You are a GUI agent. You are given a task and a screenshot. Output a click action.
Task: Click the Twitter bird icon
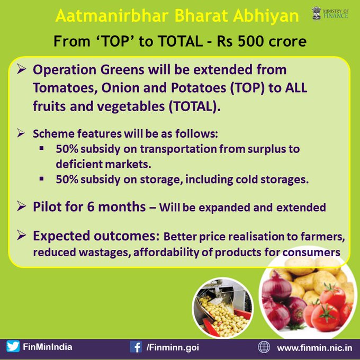[x=13, y=346]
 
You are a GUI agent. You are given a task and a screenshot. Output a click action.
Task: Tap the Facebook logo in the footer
[x=136, y=347]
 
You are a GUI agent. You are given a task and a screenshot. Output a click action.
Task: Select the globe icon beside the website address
[x=264, y=347]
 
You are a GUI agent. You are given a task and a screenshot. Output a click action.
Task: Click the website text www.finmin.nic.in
[x=314, y=348]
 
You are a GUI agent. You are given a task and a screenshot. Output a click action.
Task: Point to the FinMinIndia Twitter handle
[x=48, y=347]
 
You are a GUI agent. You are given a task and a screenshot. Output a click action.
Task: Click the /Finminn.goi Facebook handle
[x=173, y=347]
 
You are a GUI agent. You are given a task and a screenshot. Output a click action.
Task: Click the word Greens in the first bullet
[x=122, y=69]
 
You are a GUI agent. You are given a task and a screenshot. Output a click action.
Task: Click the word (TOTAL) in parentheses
[x=194, y=106]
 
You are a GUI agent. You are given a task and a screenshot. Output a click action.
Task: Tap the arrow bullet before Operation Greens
[x=21, y=69]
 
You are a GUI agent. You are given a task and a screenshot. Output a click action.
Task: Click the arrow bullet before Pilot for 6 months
[x=21, y=206]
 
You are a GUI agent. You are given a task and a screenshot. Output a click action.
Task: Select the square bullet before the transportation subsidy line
[x=41, y=148]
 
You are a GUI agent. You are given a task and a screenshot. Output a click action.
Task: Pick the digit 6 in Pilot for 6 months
[x=91, y=206]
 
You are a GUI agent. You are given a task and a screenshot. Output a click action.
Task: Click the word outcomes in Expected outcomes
[x=127, y=236]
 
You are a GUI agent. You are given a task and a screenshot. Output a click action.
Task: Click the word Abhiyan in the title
[x=266, y=16]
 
